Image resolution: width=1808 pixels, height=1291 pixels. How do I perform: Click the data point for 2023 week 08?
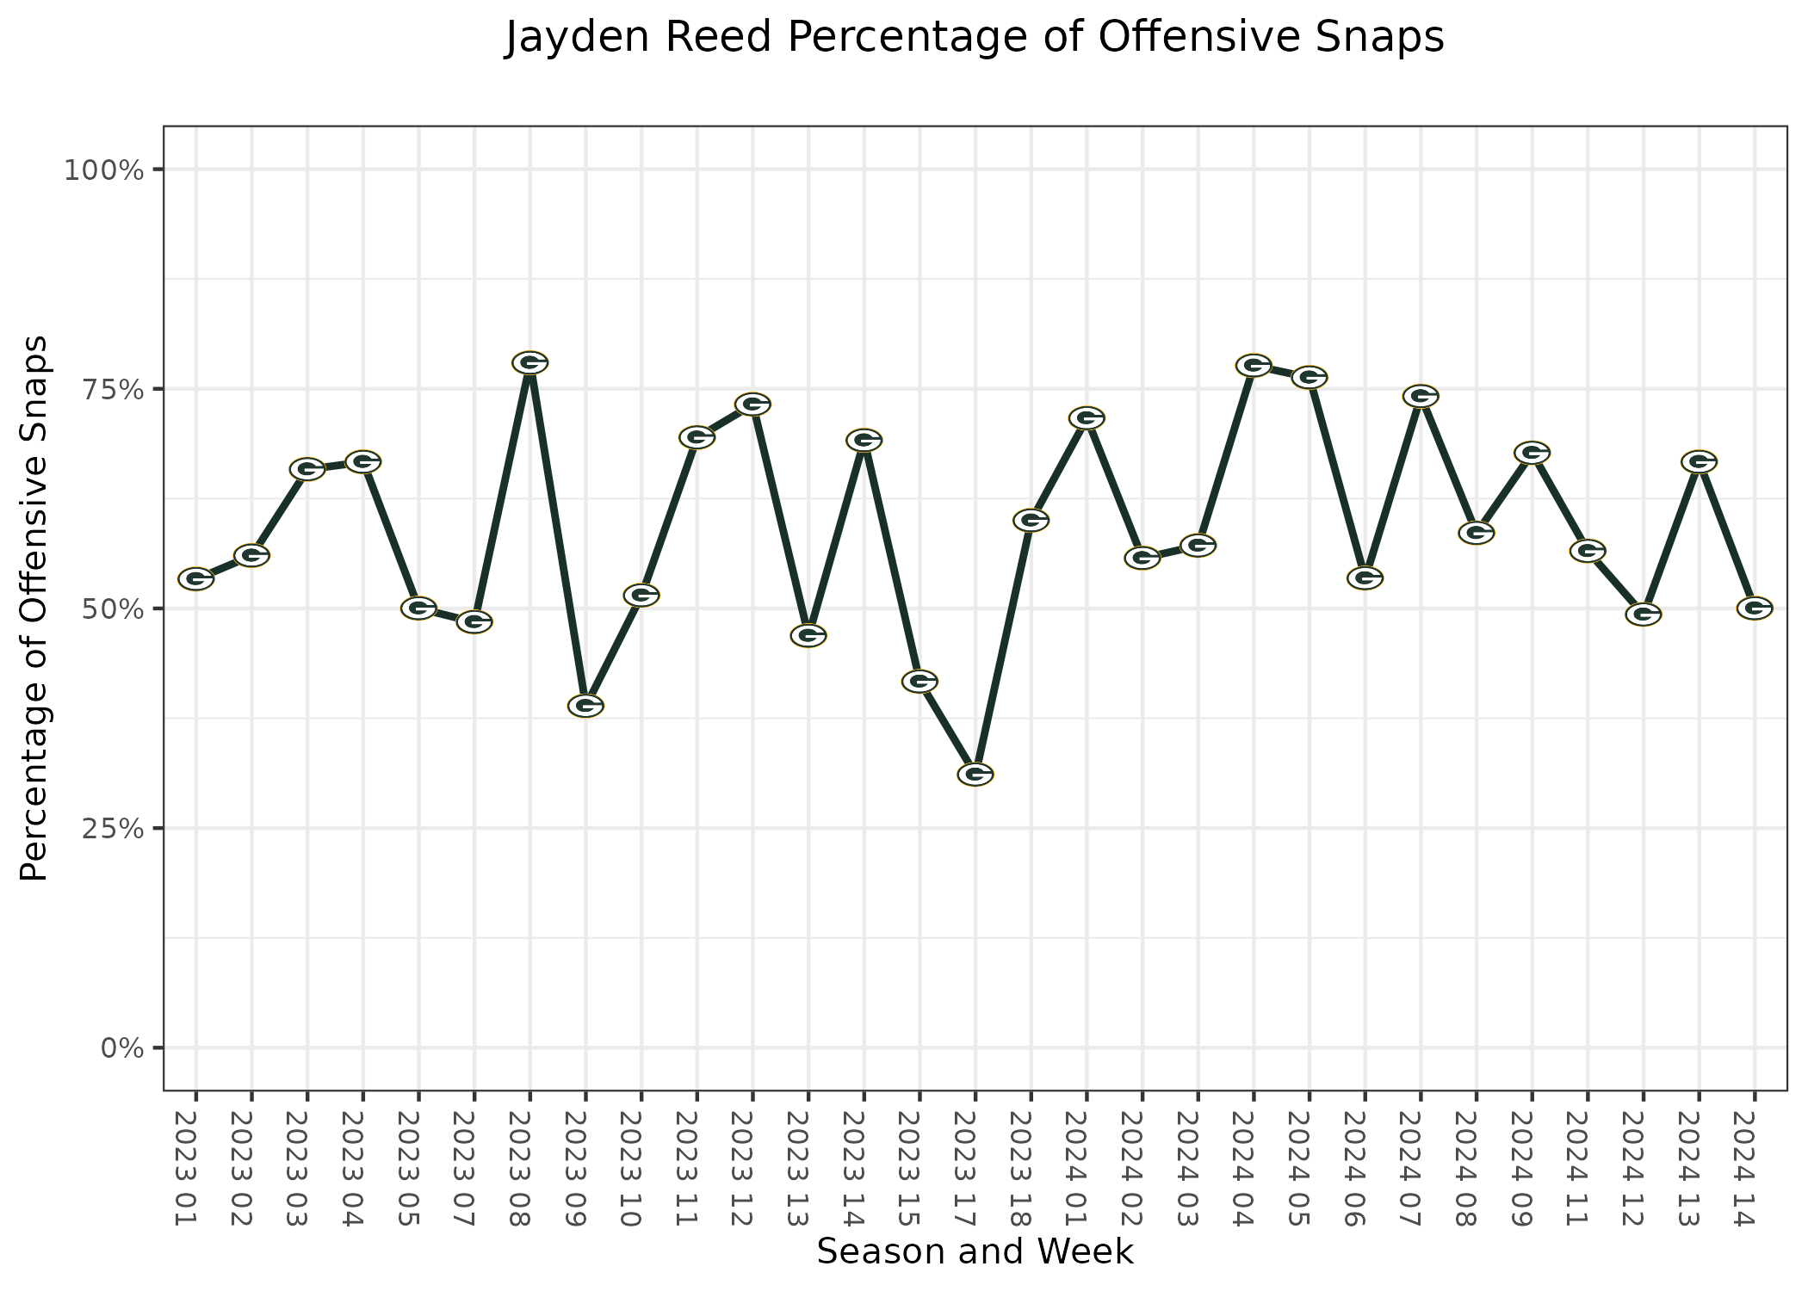coord(530,362)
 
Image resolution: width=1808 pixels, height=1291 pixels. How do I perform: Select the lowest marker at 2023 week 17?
coord(975,774)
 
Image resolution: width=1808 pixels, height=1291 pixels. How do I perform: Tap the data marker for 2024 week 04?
coord(1254,365)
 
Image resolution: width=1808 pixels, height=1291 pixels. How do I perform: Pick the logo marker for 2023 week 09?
coord(585,706)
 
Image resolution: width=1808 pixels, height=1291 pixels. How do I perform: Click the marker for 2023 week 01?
coord(196,578)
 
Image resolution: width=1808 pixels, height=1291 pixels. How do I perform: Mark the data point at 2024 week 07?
coord(1421,396)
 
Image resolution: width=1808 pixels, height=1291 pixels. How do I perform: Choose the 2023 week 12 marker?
coord(752,404)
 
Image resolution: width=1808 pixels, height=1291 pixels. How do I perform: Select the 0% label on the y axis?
coord(121,1048)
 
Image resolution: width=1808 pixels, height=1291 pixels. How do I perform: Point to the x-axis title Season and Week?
coord(975,1251)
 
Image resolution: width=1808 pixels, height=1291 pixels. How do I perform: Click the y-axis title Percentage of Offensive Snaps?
coord(34,608)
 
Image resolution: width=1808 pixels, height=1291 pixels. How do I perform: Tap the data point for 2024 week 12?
coord(1643,615)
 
